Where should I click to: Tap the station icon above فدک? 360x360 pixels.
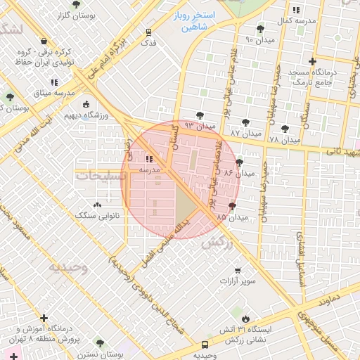(x=148, y=32)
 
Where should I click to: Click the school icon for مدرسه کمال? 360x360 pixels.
(x=295, y=10)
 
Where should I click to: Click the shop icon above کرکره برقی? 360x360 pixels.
(x=45, y=41)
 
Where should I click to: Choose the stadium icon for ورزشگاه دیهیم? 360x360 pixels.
(x=86, y=104)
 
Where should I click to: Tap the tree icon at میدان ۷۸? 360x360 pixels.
(x=284, y=129)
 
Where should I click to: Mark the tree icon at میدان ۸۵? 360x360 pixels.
(x=232, y=206)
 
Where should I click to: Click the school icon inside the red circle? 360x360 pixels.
(x=149, y=158)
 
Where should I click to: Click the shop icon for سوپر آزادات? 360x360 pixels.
(x=238, y=270)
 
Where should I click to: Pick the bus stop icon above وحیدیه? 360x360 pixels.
(x=205, y=345)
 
